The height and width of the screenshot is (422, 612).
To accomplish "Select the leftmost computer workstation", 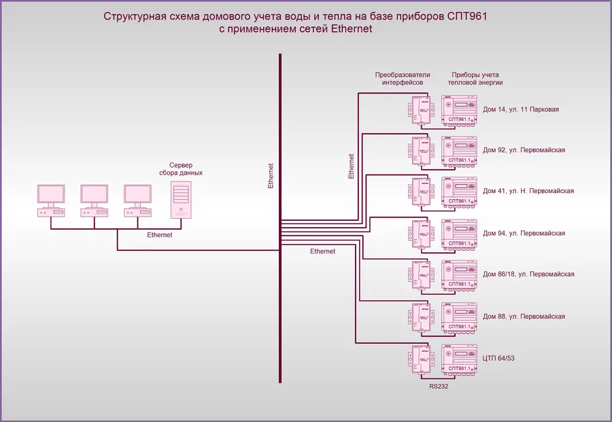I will [x=50, y=200].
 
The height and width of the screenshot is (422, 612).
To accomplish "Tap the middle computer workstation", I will [x=93, y=200].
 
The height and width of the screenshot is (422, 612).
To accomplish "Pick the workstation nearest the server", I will [x=137, y=200].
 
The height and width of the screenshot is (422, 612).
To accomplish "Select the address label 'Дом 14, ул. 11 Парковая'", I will [x=521, y=109].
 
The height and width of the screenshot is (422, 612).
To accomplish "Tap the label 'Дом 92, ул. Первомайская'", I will [x=524, y=150].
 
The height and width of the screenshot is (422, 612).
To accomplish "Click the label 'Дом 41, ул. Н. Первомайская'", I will [x=528, y=191].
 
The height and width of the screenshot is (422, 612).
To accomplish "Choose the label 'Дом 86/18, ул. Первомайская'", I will [x=528, y=275].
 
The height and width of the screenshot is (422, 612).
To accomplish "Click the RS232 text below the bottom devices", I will [x=439, y=385].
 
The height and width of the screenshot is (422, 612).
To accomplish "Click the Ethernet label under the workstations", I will [x=160, y=235].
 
